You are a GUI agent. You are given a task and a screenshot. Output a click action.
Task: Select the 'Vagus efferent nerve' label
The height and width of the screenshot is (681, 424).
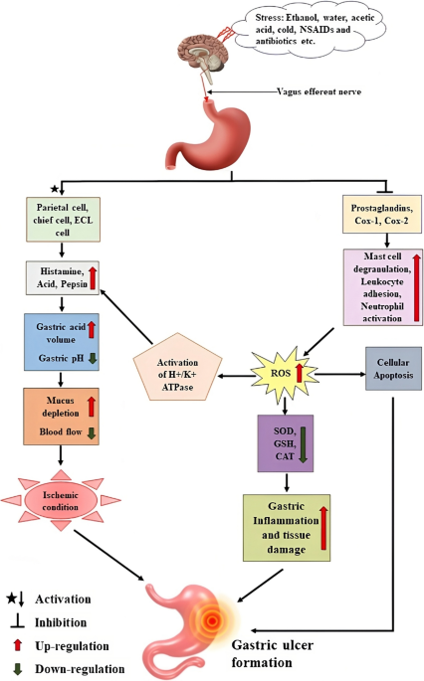[319, 91]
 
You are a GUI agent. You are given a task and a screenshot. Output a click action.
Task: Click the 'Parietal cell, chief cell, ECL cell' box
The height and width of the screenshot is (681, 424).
[63, 220]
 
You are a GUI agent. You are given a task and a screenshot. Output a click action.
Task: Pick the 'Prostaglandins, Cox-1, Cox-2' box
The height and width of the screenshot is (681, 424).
[382, 214]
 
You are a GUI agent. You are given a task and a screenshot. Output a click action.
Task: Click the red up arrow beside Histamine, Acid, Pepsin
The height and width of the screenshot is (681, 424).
[92, 278]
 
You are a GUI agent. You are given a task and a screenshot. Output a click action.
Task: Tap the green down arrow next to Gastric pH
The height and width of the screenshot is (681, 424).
[92, 358]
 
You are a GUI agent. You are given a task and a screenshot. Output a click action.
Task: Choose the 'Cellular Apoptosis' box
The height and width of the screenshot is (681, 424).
[393, 368]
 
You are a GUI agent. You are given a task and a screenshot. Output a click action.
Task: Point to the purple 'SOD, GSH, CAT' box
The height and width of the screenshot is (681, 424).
[286, 443]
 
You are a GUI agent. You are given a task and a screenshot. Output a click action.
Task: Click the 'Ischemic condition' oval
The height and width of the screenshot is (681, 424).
[61, 501]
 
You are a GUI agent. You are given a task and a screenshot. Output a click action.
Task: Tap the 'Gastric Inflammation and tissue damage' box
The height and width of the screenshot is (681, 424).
[286, 528]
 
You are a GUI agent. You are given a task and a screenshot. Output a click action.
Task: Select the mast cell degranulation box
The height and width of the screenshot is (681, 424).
[382, 287]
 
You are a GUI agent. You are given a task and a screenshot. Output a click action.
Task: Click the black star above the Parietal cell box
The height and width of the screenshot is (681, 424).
[54, 189]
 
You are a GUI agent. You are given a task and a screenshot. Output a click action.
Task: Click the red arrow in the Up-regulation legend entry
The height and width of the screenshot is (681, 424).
[17, 645]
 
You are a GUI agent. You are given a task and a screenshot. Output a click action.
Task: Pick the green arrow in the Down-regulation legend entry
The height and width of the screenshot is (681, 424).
[17, 669]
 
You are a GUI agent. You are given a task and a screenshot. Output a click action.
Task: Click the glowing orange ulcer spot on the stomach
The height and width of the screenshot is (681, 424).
[212, 621]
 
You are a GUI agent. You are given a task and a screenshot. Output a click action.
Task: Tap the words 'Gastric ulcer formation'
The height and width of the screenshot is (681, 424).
[273, 653]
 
